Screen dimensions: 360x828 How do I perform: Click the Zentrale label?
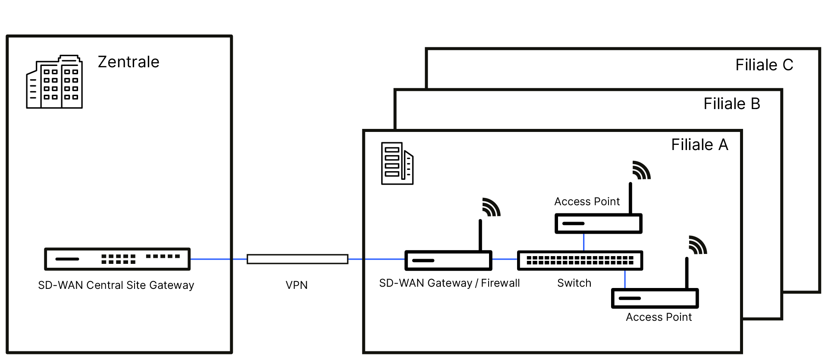[129, 62]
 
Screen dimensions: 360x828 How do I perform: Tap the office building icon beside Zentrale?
[54, 82]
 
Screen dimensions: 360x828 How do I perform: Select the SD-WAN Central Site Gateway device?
[117, 259]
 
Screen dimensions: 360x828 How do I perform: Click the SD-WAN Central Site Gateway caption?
[116, 285]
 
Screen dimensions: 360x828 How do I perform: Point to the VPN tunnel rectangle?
[297, 259]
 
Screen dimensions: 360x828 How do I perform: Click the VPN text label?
[297, 285]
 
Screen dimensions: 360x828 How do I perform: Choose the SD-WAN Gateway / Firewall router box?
[448, 260]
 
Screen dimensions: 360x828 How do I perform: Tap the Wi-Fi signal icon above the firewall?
[491, 207]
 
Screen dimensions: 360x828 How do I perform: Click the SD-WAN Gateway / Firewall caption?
[449, 283]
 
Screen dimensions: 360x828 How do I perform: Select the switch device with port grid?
[580, 260]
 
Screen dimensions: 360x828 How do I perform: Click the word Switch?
[574, 283]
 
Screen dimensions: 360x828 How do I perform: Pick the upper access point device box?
[598, 223]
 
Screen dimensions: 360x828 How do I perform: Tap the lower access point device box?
[655, 298]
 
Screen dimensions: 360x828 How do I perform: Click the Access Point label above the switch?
[587, 201]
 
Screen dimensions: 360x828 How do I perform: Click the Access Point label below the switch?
[659, 317]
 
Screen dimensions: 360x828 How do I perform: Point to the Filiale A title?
[699, 145]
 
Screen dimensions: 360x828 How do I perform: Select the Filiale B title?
[732, 104]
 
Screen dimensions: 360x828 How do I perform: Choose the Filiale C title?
[764, 65]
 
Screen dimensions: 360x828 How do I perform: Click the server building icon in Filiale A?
[397, 163]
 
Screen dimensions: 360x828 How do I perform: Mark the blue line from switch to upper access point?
[583, 242]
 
